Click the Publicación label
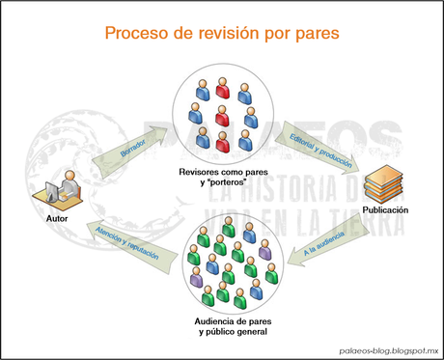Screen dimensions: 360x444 (386, 210)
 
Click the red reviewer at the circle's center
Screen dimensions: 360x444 (222, 117)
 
